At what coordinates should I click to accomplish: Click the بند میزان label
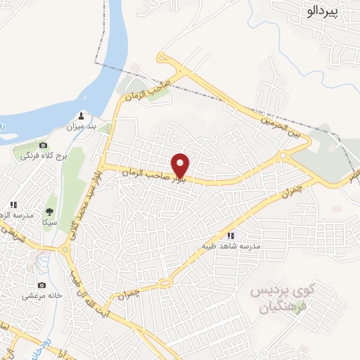coord(80,127)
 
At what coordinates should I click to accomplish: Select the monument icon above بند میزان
coord(82,116)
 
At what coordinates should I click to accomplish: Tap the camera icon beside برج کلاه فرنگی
coord(42,144)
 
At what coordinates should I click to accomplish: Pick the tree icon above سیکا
coord(49,210)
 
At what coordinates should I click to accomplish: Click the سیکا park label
coord(49,222)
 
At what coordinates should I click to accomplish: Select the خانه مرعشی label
coord(42,296)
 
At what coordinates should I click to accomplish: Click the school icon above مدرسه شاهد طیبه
coord(231,236)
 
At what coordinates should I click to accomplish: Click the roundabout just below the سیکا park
coord(67,248)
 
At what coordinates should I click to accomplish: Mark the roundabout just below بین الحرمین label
coord(283,154)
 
